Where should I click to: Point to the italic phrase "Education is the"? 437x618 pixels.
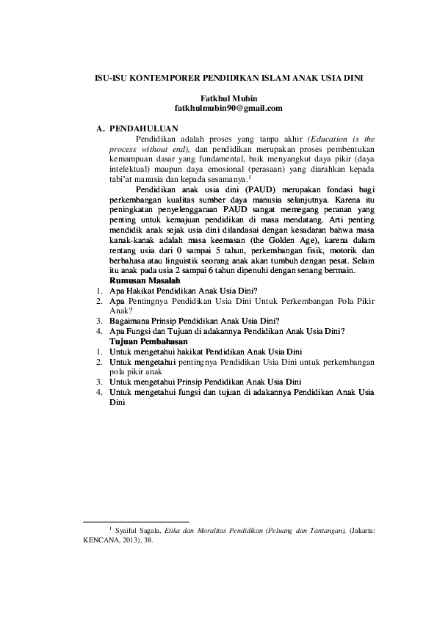[x=342, y=137]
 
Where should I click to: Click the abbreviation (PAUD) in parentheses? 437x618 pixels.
[x=244, y=189]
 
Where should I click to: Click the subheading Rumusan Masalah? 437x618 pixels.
[x=143, y=280]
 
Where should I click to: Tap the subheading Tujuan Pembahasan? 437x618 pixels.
[x=148, y=342]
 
